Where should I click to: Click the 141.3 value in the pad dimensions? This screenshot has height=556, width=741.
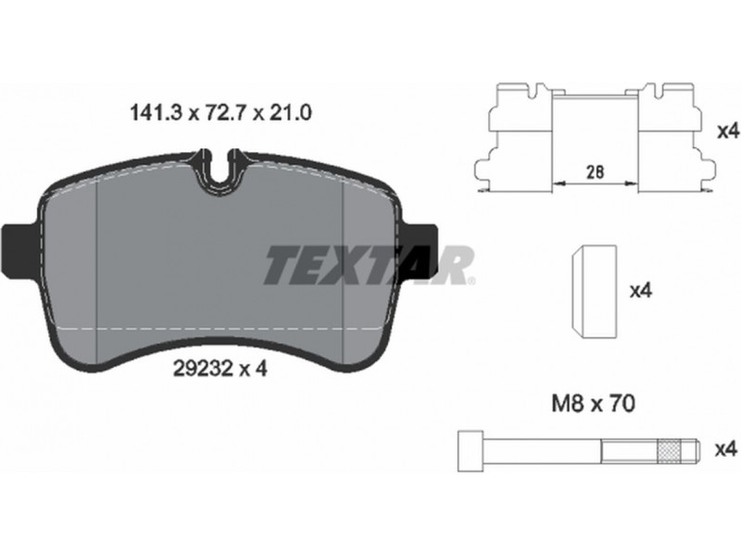(x=156, y=113)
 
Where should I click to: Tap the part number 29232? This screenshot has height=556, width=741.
(x=205, y=367)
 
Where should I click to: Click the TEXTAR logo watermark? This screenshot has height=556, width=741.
(x=369, y=265)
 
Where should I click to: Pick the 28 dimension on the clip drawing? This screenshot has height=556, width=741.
(x=595, y=171)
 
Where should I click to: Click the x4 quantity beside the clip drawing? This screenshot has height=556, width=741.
(x=728, y=132)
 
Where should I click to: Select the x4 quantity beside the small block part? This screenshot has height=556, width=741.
(x=641, y=290)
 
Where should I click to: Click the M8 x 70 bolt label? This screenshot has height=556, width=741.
(x=594, y=404)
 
